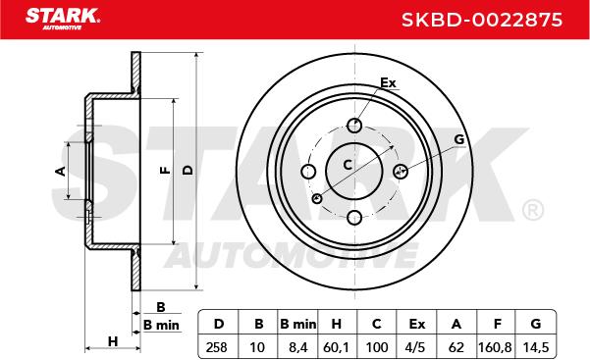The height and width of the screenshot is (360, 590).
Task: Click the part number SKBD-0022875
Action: pyautogui.click(x=482, y=20)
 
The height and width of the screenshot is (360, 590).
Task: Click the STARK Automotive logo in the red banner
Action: pyautogui.click(x=63, y=19)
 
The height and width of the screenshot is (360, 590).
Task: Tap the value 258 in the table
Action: pyautogui.click(x=217, y=347)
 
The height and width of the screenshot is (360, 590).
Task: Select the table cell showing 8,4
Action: pyautogui.click(x=298, y=347)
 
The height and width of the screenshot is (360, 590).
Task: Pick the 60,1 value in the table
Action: pyautogui.click(x=337, y=347)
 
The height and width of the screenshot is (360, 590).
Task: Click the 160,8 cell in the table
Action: pyautogui.click(x=495, y=347)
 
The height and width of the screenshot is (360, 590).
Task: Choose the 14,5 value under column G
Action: pyautogui.click(x=536, y=347)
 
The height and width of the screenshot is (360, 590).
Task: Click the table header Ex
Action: pyautogui.click(x=417, y=324)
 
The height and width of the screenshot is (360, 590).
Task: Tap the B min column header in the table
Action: pyautogui.click(x=298, y=324)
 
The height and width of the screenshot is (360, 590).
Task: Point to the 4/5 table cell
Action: pyautogui.click(x=415, y=347)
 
